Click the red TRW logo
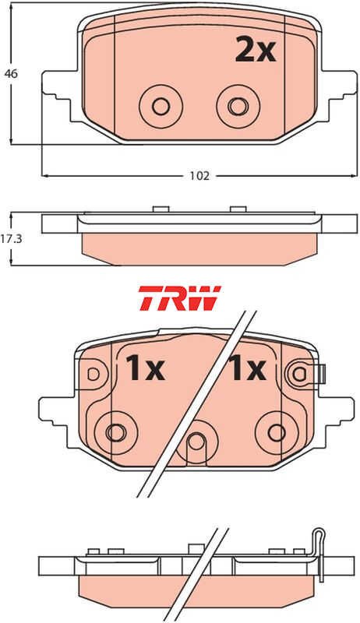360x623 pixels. (179, 298)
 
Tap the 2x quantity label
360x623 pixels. (255, 49)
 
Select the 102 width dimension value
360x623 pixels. (199, 176)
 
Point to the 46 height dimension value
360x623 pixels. (12, 73)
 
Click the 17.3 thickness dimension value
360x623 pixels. (12, 240)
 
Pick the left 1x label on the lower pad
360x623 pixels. (145, 368)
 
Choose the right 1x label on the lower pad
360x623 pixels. (246, 368)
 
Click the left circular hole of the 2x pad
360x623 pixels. (161, 107)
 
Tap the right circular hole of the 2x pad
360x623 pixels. (238, 107)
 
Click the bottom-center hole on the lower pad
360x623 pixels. (196, 442)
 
